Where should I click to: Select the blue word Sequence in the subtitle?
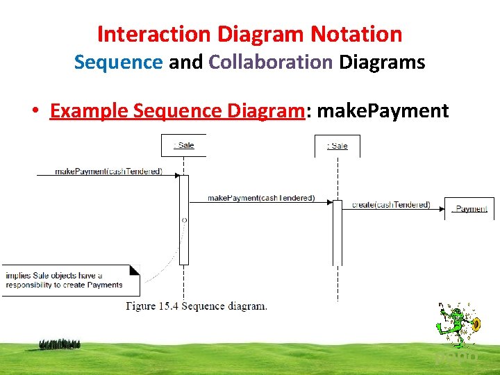pos(118,62)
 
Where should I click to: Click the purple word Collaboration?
pos(271,62)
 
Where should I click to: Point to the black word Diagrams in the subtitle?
pos(382,62)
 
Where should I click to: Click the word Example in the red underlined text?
pos(88,110)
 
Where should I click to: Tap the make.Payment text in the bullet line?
pos(383,110)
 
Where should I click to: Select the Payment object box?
pos(470,208)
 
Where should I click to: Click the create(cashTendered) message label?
pos(391,205)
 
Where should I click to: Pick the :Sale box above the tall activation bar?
pos(184,145)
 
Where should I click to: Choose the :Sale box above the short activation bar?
pos(337,145)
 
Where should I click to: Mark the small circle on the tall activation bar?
pos(184,219)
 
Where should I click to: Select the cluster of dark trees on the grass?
pos(60,344)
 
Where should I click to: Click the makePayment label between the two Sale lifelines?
pos(261,199)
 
